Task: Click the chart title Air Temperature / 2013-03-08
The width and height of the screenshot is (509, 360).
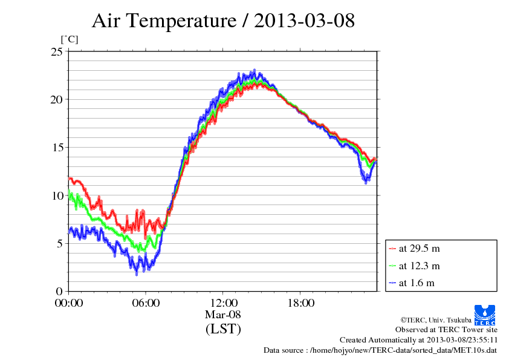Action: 223,21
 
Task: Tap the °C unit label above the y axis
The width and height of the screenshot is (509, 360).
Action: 69,40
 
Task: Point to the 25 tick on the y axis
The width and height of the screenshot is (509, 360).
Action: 56,52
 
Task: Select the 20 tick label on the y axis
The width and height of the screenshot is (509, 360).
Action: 56,100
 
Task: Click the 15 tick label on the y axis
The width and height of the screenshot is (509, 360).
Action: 56,148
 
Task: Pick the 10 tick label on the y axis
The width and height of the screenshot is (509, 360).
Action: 56,195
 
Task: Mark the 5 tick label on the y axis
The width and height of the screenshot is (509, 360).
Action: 59,244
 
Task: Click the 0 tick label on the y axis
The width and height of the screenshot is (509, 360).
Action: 59,292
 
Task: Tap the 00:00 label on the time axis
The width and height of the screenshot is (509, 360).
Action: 68,303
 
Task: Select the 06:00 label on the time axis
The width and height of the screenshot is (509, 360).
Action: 146,303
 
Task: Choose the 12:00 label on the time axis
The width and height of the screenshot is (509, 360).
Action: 223,303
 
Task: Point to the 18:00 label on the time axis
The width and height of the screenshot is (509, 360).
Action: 300,303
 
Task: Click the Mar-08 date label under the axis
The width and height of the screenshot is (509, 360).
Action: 223,315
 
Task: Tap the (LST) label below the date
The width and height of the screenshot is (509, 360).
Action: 223,329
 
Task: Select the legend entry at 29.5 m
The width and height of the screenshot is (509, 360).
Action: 419,249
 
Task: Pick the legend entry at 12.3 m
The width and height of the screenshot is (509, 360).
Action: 419,266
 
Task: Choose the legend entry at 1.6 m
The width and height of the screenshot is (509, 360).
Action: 417,283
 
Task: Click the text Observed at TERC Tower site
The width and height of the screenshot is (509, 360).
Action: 446,330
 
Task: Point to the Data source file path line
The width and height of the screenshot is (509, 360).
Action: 381,350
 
